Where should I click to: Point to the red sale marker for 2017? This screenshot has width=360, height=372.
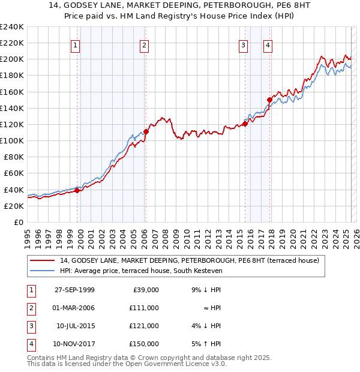269,100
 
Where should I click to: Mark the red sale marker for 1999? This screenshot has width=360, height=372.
77,190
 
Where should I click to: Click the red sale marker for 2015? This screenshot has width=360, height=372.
245,124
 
